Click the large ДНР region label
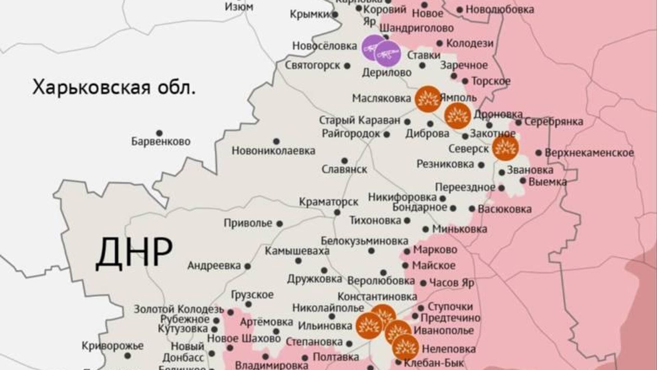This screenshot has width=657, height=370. click(134, 253)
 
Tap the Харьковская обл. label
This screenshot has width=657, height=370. click(114, 87)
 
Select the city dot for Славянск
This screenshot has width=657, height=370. click(345, 161)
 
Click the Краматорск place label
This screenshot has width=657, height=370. click(328, 202)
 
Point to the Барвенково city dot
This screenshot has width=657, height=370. click(159, 133)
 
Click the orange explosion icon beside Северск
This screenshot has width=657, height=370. click(505, 148)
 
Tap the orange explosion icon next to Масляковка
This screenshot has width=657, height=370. click(428, 99)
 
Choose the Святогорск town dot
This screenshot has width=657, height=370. click(347, 66)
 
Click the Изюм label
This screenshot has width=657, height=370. click(239, 6)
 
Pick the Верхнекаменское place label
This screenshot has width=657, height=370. click(589, 153)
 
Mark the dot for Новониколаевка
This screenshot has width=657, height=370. click(276, 141)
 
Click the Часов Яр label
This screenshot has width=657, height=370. click(452, 283)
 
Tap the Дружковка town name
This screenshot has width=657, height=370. click(314, 279)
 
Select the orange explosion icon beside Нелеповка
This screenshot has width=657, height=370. click(405, 348)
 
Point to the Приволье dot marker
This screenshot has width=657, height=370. click(280, 224)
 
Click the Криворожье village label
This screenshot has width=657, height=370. click(112, 346)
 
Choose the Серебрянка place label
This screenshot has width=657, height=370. click(554, 122)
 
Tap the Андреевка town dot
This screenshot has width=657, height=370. click(247, 266)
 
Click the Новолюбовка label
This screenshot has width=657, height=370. click(500, 10)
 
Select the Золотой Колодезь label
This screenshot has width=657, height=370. click(179, 309)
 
